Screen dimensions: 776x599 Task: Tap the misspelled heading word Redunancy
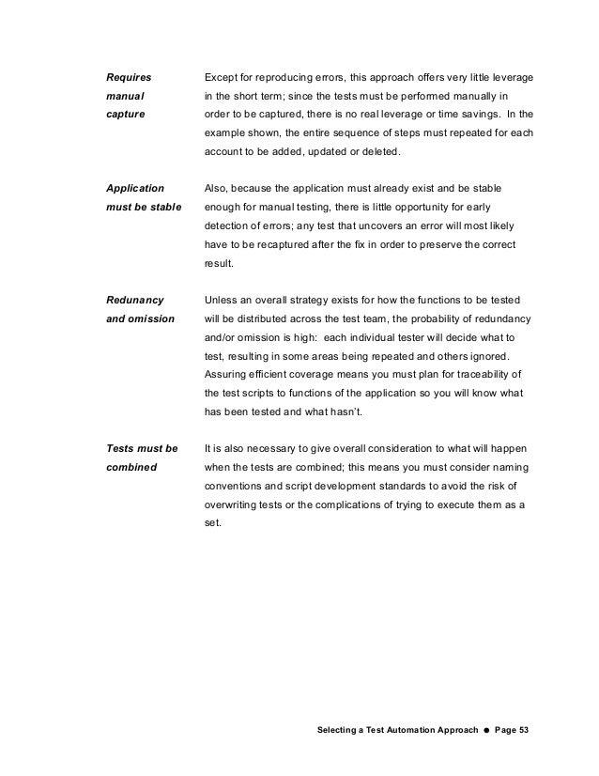tap(134, 302)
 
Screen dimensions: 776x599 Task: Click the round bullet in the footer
tap(481, 730)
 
